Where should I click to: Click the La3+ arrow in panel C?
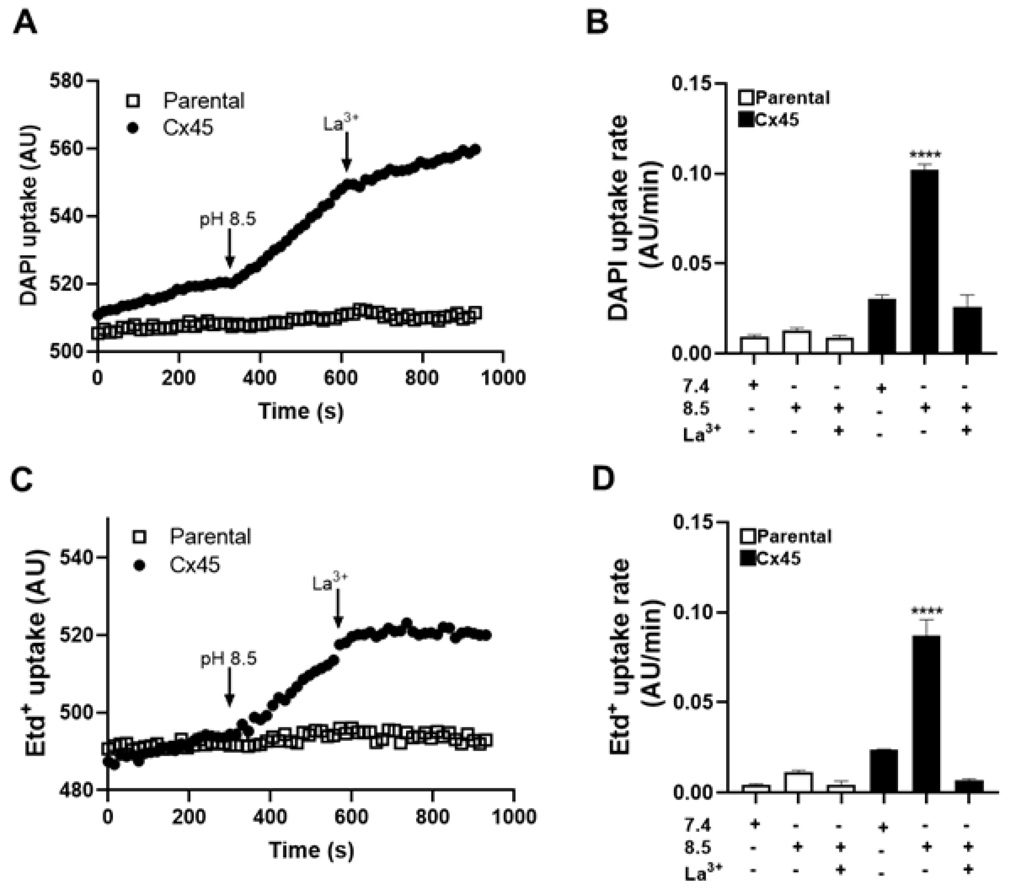[338, 609]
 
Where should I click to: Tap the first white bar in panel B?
[754, 345]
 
